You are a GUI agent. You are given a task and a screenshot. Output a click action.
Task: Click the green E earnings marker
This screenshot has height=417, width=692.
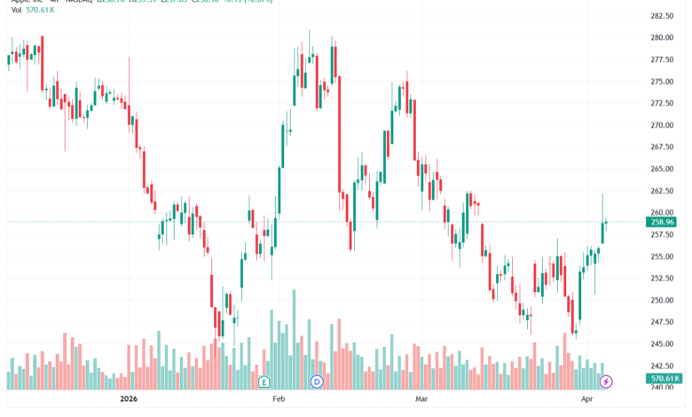(263, 382)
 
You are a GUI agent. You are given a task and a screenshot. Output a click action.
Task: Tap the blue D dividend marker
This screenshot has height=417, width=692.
(317, 382)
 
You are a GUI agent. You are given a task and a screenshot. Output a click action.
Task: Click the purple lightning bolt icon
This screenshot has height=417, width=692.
(607, 382)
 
